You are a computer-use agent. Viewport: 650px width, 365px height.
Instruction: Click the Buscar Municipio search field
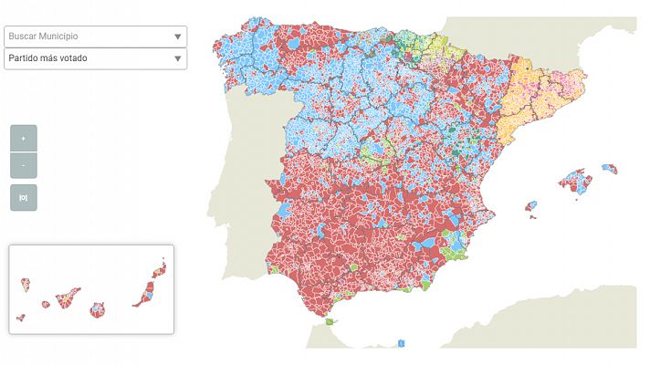click(x=87, y=36)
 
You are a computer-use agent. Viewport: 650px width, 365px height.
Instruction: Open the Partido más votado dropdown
click(x=87, y=58)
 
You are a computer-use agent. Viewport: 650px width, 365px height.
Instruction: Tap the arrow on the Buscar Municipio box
click(x=177, y=37)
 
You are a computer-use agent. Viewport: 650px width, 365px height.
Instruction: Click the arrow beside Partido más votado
click(x=177, y=59)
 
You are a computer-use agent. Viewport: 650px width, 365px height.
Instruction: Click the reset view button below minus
click(x=23, y=197)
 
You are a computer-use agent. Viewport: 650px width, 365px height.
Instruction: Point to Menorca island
click(x=609, y=168)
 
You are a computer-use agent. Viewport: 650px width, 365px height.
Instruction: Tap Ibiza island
click(x=530, y=206)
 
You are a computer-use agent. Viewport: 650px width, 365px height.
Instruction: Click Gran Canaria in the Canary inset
click(x=97, y=309)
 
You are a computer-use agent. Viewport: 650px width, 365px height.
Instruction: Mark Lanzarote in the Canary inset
click(x=161, y=269)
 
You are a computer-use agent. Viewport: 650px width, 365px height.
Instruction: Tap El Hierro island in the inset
click(x=20, y=318)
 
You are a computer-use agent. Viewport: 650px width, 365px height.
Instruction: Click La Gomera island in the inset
click(x=45, y=305)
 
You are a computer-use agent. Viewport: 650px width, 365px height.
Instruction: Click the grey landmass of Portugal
click(x=242, y=182)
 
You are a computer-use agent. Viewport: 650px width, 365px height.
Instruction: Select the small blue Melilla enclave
click(x=402, y=343)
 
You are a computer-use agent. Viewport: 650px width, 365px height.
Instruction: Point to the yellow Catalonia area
click(x=529, y=100)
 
